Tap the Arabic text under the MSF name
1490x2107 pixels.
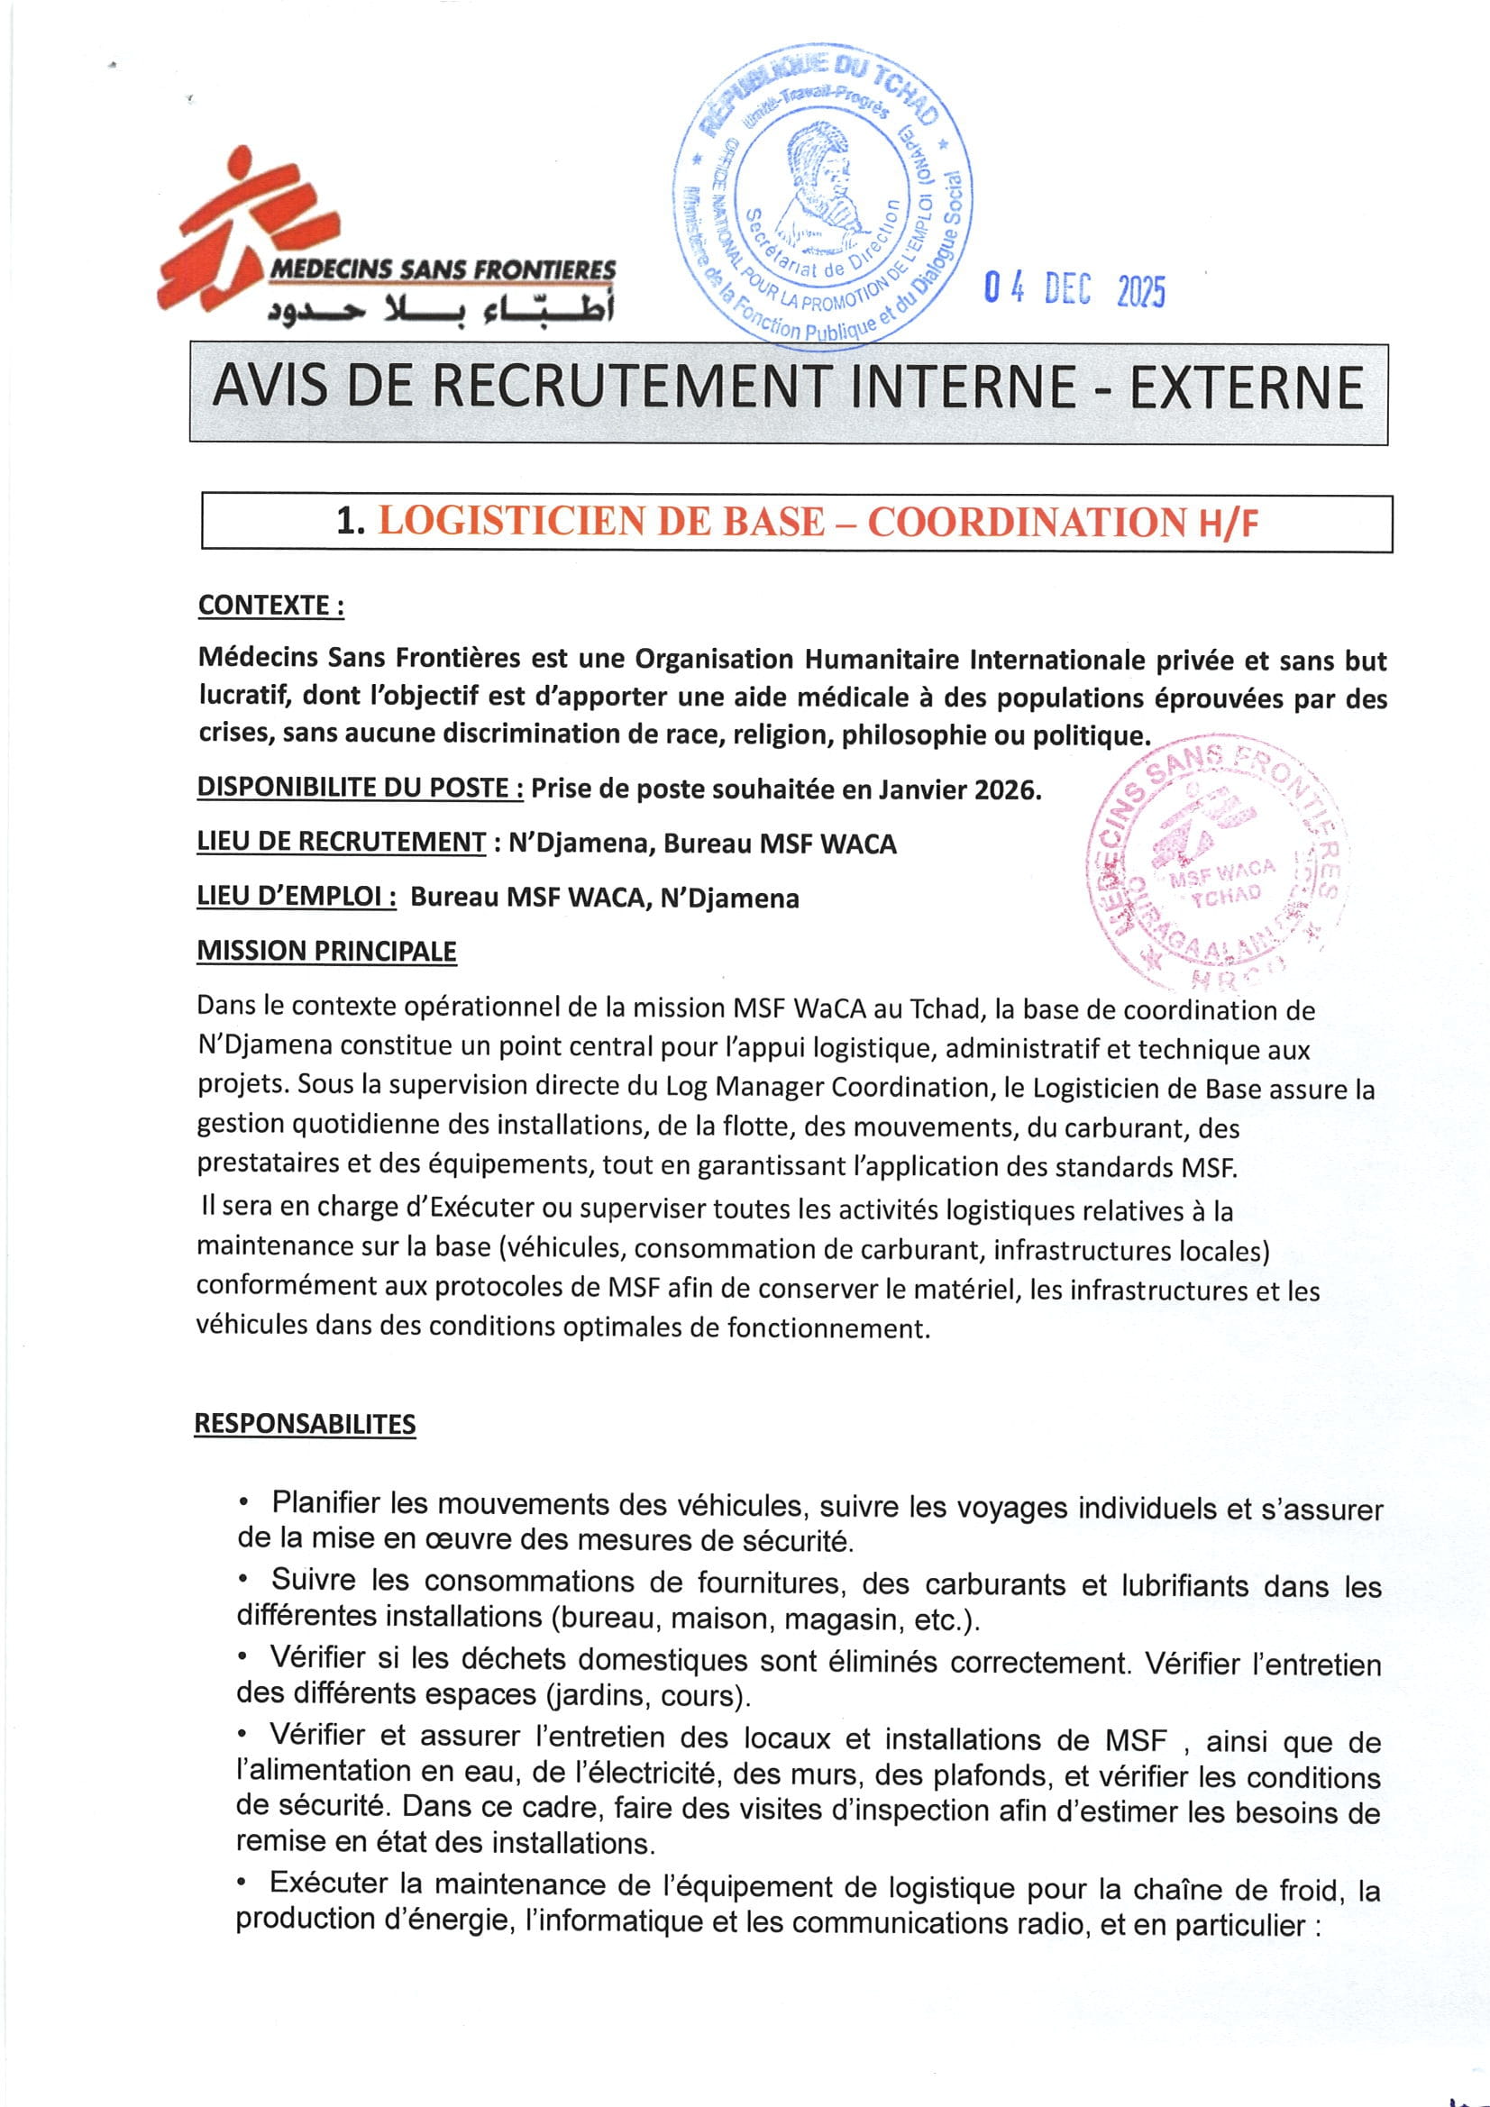(x=441, y=310)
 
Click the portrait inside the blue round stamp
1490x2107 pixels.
(x=820, y=188)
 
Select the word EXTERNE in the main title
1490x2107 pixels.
(x=1245, y=388)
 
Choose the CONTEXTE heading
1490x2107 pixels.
(x=270, y=606)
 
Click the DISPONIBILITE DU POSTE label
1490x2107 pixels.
(x=360, y=788)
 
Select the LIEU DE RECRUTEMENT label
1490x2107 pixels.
(x=342, y=842)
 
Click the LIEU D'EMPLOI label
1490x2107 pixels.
(x=296, y=897)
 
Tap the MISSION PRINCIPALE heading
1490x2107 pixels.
(x=327, y=951)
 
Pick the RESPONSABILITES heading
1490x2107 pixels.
(x=305, y=1423)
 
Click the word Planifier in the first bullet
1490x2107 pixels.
(x=325, y=1502)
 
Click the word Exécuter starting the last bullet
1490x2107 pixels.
(x=330, y=1884)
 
